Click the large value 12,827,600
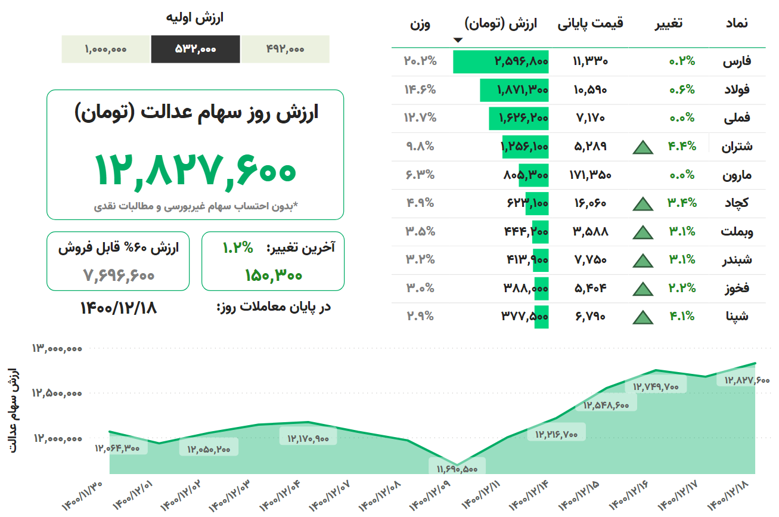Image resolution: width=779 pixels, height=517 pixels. [195, 169]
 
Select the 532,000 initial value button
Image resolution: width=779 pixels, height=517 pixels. [195, 49]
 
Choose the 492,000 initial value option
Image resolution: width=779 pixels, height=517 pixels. [285, 49]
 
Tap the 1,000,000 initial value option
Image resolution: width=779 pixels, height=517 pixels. [105, 49]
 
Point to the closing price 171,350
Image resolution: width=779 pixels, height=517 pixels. [590, 175]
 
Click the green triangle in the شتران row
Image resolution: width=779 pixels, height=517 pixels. [643, 147]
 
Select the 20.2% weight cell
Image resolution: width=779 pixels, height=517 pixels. [420, 60]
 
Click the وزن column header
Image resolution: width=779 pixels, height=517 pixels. [420, 24]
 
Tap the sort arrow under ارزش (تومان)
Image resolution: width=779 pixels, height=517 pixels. [458, 41]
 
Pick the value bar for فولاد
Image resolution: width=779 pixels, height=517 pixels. [514, 90]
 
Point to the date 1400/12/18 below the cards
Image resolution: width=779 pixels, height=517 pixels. [118, 308]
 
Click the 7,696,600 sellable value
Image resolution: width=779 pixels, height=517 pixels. [118, 275]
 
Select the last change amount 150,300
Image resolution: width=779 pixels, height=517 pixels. [273, 275]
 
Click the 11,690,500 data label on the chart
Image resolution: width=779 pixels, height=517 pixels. [457, 468]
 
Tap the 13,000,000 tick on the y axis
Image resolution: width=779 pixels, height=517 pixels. [57, 348]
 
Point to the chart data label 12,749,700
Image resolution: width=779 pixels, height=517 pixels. [656, 386]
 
